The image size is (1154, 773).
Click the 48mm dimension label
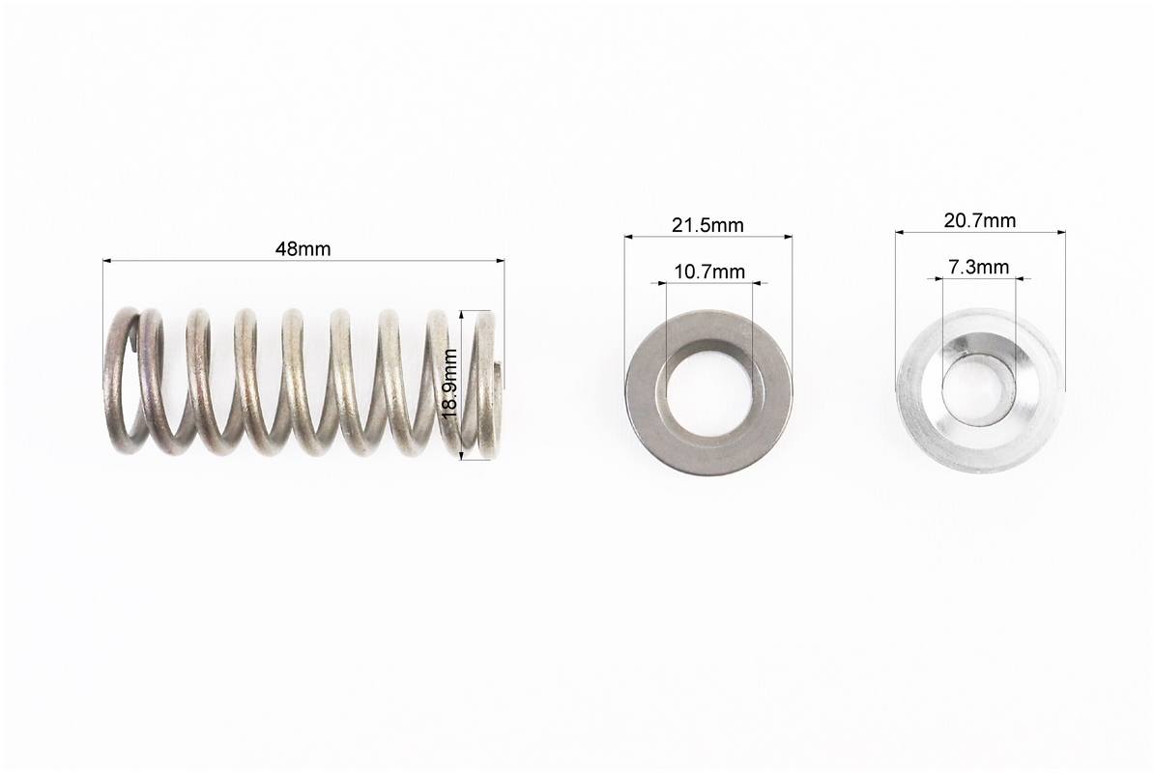tap(303, 248)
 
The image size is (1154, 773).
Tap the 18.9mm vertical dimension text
tap(449, 384)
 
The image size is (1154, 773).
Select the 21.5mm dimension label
tap(707, 225)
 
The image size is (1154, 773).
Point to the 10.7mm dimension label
tap(709, 272)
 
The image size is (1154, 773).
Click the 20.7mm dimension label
tap(980, 220)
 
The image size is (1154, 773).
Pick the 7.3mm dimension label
tap(978, 267)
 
